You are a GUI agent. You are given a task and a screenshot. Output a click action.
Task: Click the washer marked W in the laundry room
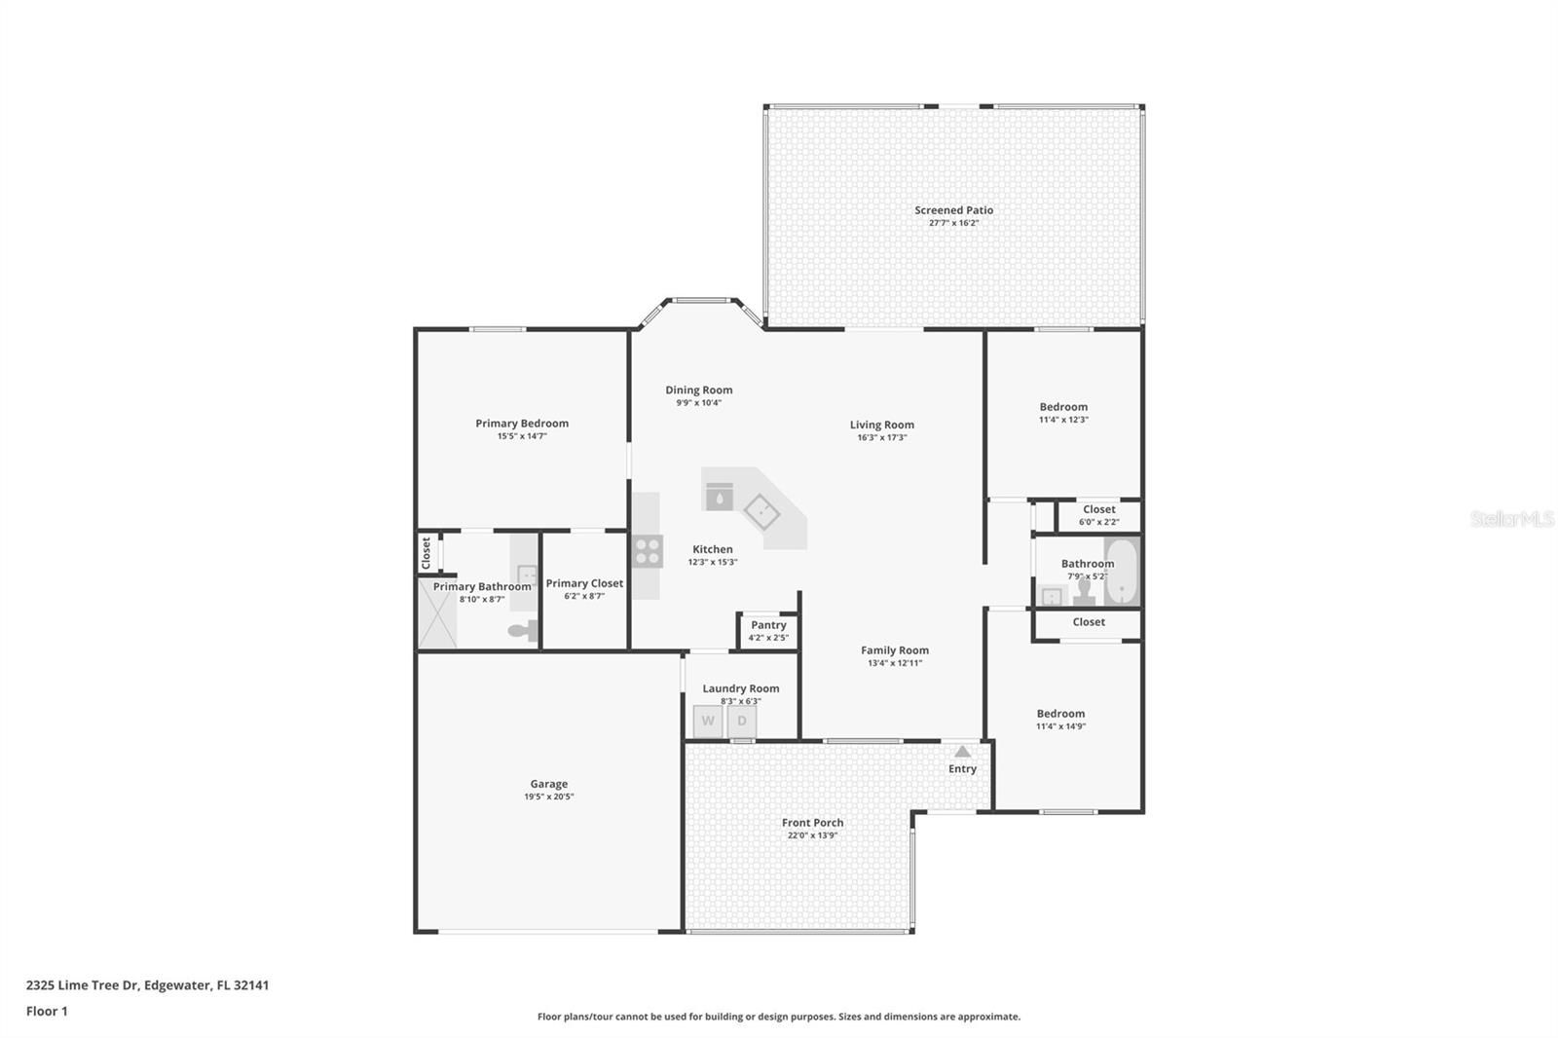pos(708,721)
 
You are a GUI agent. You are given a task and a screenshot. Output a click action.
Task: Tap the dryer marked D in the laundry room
pos(742,721)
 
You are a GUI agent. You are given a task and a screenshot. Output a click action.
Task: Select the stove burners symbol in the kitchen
pos(648,552)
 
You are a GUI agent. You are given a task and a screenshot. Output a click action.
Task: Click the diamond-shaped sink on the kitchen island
pos(761,512)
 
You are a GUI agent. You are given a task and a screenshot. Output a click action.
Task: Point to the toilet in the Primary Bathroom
pos(523,630)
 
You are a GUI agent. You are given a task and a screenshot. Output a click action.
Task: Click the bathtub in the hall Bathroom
pos(1121,572)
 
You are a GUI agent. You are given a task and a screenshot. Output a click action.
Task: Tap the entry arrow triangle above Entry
pos(963,752)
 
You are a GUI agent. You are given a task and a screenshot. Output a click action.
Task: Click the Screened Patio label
pos(953,210)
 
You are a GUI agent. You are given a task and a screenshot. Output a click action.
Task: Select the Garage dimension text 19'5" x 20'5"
pos(549,797)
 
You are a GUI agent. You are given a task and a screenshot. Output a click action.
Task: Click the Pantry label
pos(768,625)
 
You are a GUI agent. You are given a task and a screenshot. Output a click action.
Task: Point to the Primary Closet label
pos(584,583)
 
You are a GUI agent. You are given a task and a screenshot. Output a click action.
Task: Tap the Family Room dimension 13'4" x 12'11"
pos(895,663)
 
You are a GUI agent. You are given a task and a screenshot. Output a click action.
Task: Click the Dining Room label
pos(699,390)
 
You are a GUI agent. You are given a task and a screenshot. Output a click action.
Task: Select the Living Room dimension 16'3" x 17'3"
pos(882,437)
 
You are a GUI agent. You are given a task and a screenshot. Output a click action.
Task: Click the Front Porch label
pos(812,823)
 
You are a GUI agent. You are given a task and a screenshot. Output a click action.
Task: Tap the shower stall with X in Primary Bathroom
pos(437,613)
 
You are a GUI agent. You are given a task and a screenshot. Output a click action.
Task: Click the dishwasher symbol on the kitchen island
pos(720,496)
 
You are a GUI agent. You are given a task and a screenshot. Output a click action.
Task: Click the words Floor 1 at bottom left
pos(47,1012)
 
